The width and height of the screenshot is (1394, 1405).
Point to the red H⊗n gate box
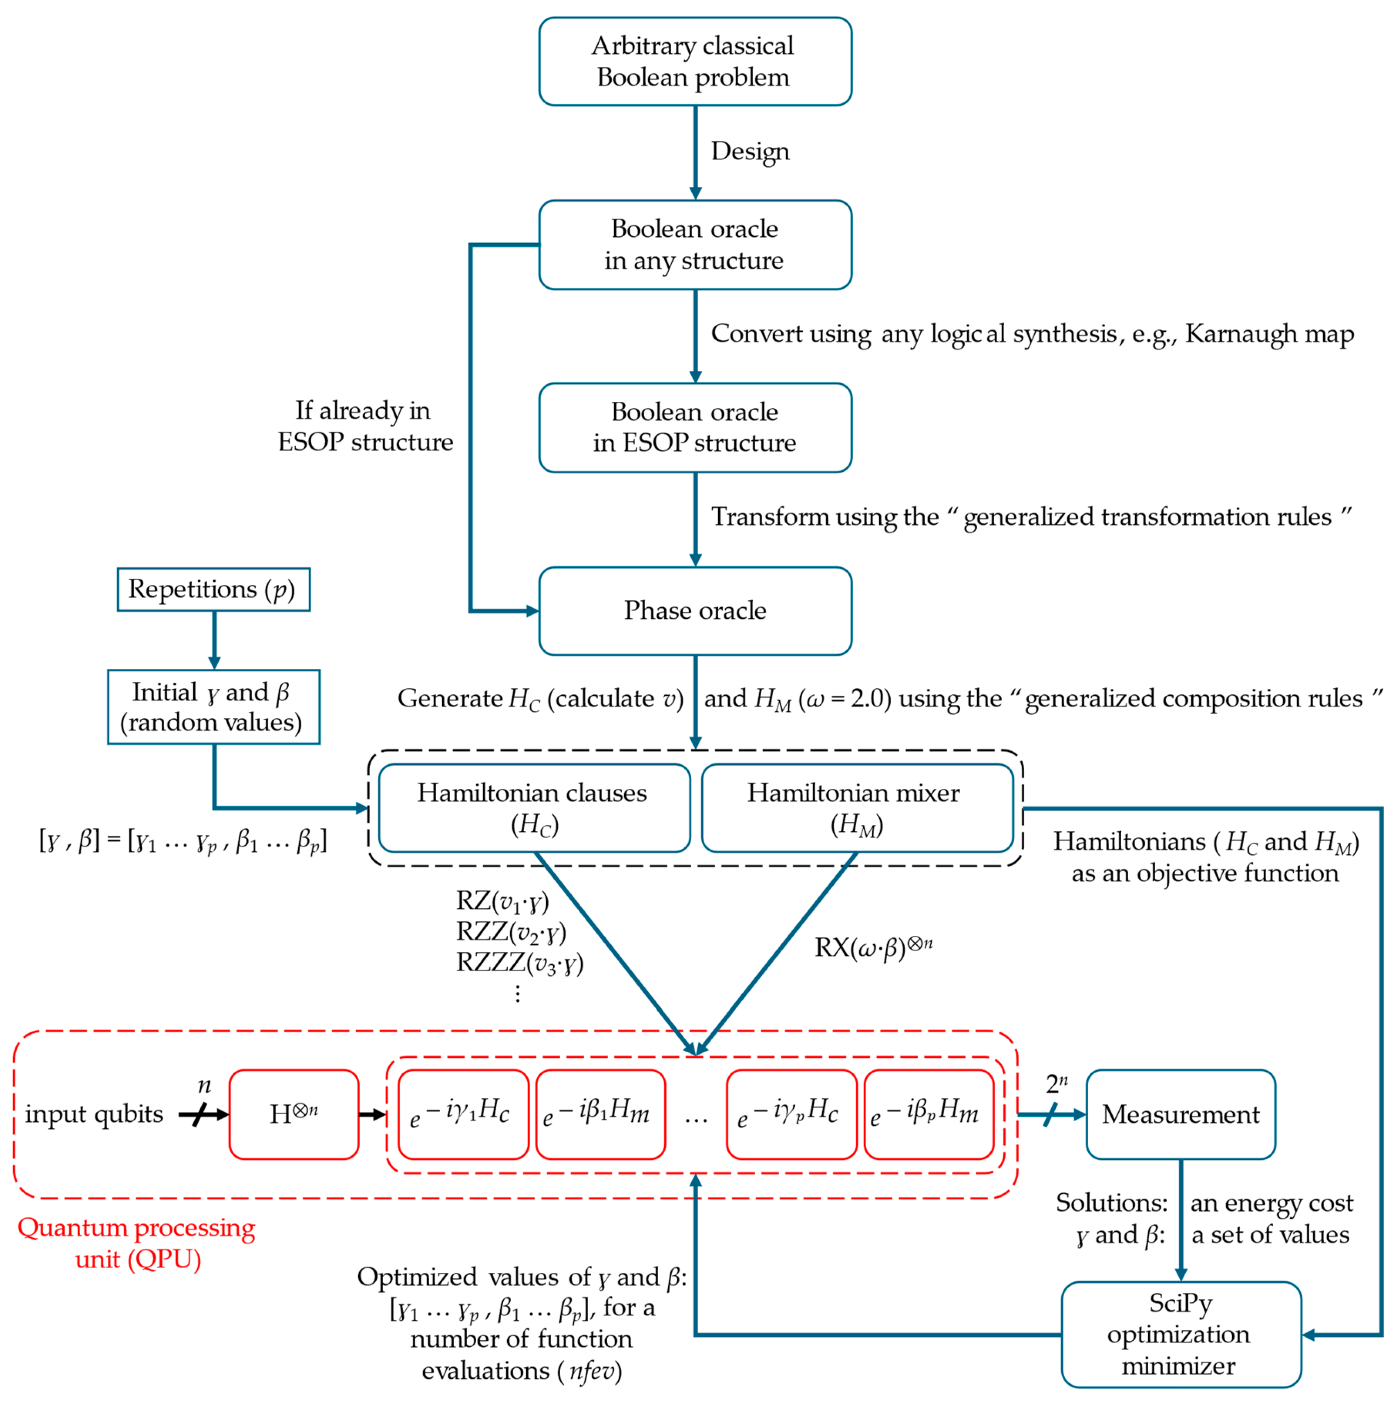[294, 1114]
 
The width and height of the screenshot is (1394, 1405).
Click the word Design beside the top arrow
[750, 151]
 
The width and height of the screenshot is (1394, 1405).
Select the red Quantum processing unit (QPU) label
[137, 1244]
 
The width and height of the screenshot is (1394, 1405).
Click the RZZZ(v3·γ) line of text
[519, 963]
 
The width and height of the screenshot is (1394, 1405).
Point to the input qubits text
[94, 1114]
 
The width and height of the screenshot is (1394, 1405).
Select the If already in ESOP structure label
[364, 426]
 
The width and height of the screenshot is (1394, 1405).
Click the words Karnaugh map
[1269, 334]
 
